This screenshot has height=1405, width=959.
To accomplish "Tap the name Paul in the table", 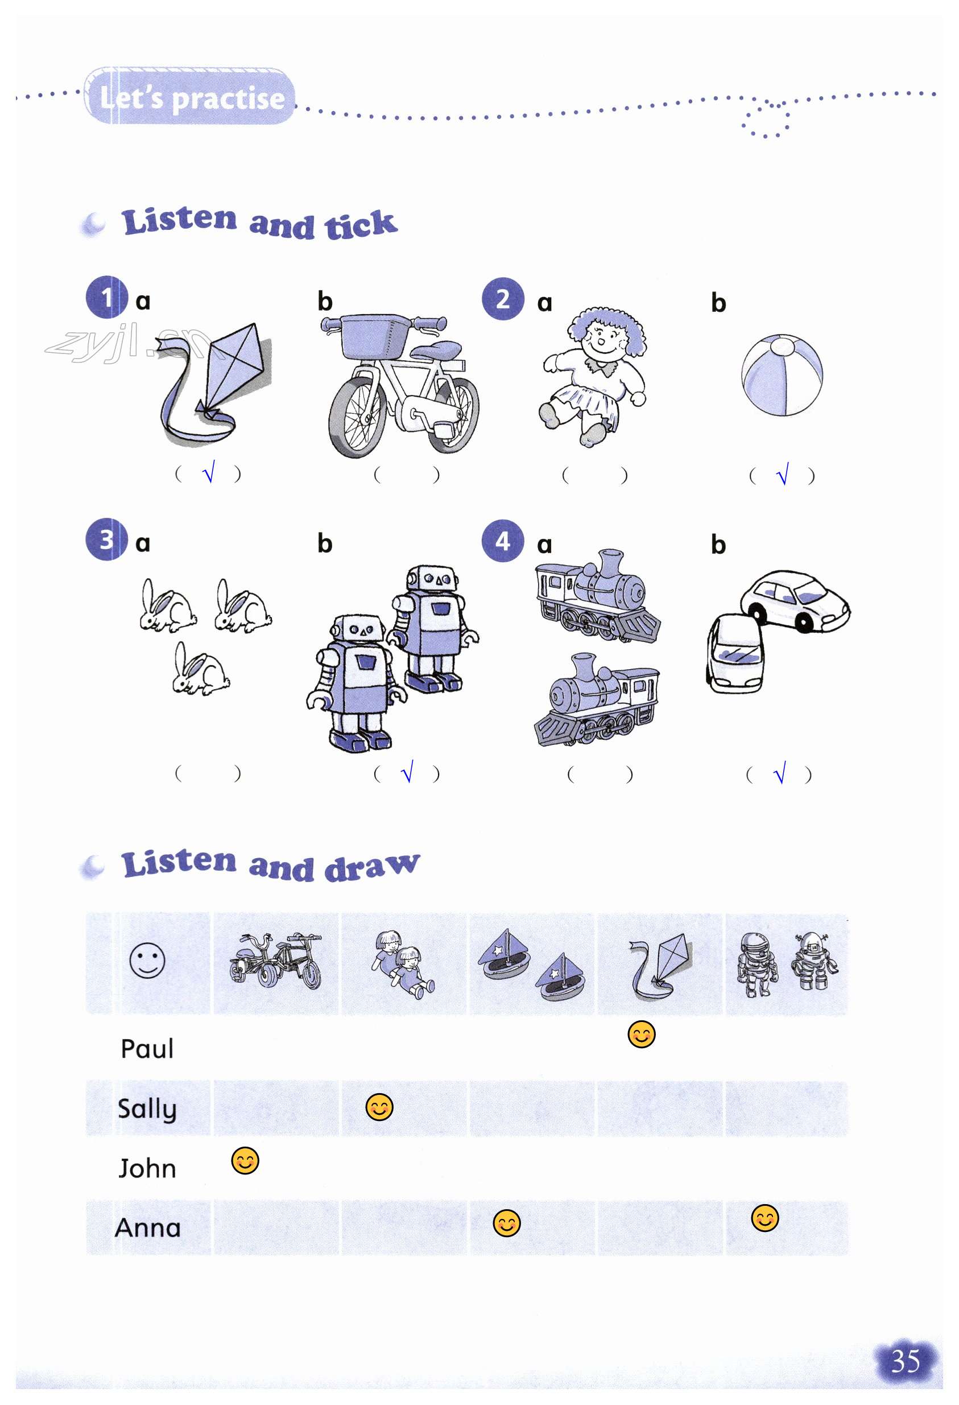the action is point(147,1048).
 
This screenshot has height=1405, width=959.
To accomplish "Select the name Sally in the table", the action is point(147,1109).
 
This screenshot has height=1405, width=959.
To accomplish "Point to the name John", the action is point(147,1168).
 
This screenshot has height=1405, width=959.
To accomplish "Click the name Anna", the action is point(148,1228).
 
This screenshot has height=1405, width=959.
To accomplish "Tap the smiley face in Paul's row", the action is point(641,1035).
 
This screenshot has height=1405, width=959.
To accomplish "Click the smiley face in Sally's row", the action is point(379,1107).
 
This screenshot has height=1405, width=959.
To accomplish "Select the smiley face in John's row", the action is point(245,1161).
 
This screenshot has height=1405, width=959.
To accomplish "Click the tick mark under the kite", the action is point(209,472).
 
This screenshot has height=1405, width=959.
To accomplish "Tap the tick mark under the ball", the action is point(783,474).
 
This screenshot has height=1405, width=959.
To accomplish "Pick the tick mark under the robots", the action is point(407,772).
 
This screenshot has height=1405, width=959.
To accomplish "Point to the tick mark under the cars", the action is point(779,773).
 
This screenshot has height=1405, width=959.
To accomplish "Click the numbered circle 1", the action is point(106,297).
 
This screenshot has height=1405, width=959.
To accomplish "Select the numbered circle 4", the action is point(502,541).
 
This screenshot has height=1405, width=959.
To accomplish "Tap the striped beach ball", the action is point(782,375).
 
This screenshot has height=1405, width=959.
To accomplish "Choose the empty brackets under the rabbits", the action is point(208,773).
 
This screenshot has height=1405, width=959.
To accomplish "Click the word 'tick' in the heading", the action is point(361,224).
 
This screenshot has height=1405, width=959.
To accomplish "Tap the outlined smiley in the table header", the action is point(147,960).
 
